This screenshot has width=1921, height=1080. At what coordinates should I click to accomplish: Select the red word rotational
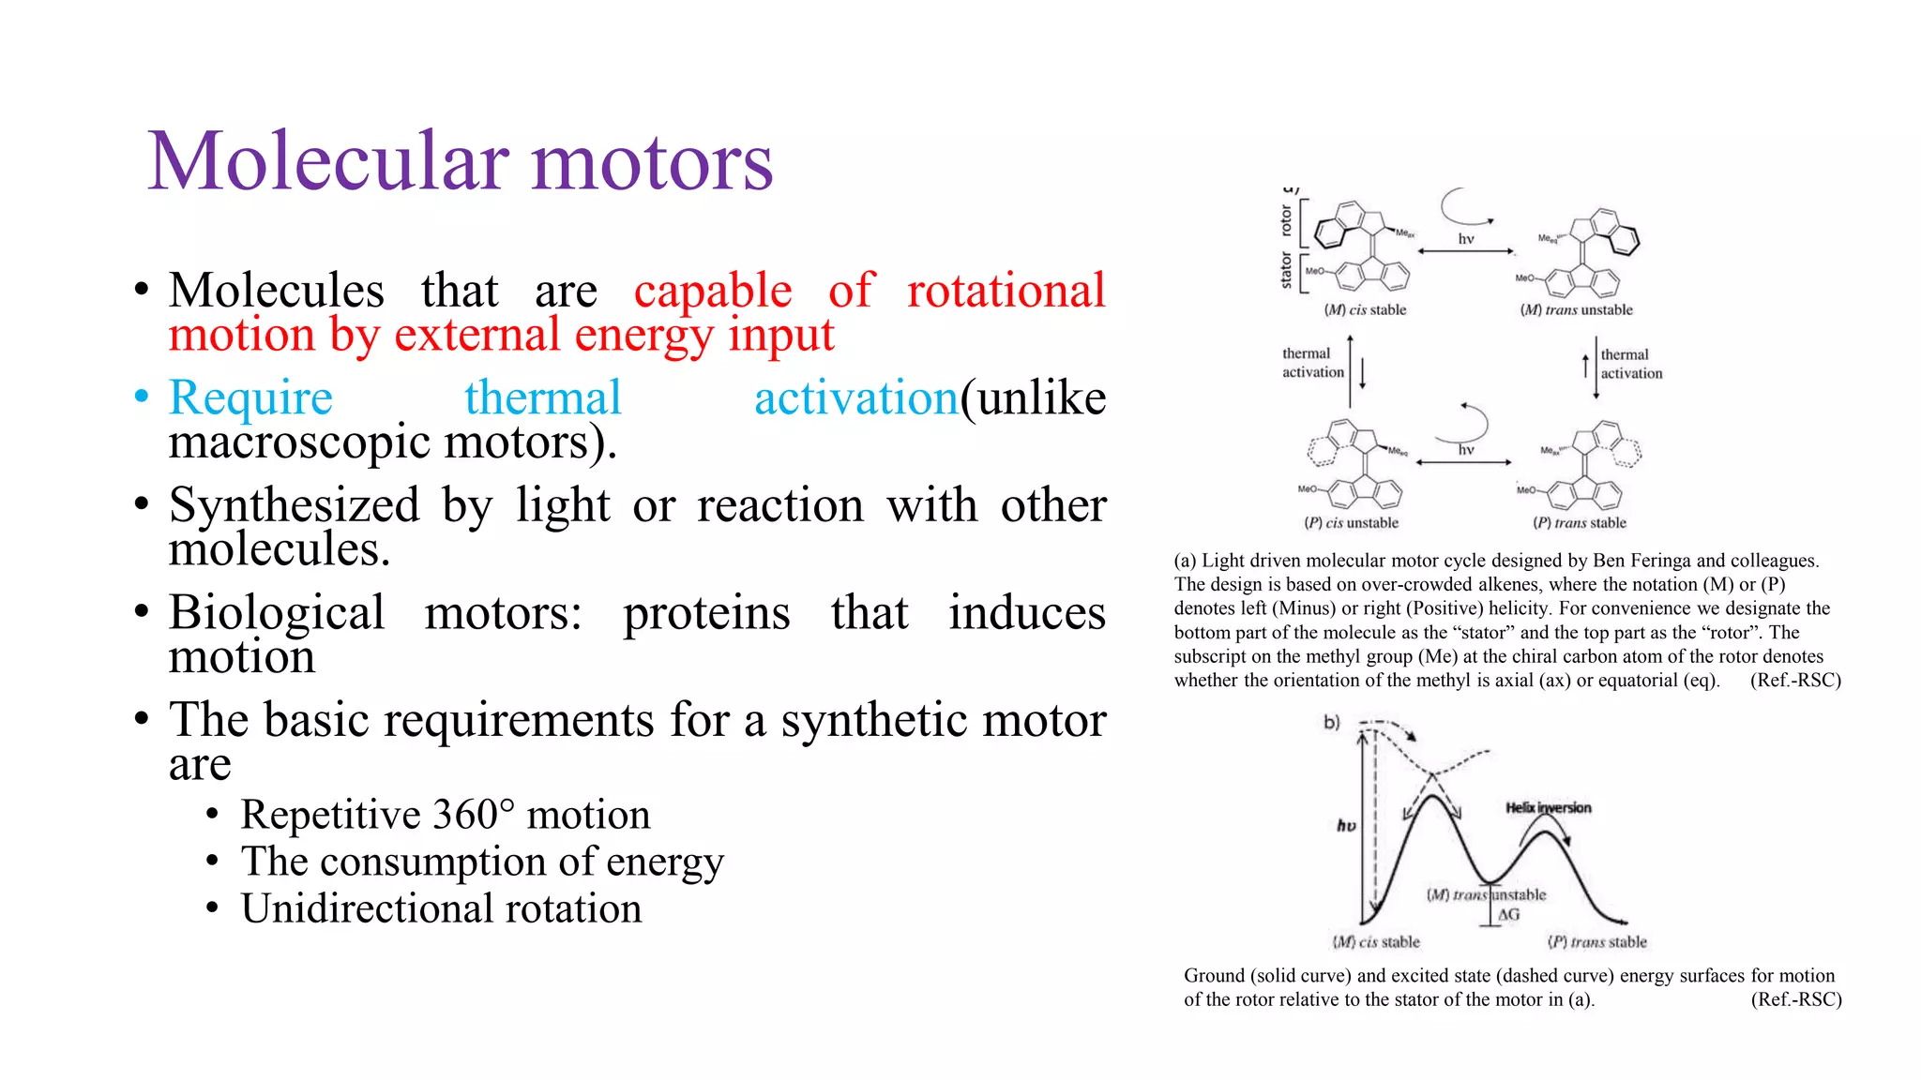tap(1006, 290)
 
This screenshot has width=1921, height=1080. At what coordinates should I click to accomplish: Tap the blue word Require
tap(250, 397)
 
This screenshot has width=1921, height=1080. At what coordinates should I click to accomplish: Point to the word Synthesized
tap(294, 505)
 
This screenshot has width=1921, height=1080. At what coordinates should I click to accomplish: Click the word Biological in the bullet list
tap(277, 613)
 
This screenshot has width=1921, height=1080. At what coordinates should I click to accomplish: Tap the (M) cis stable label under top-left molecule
tap(1365, 310)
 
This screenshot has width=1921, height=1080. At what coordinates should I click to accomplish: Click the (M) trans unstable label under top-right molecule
tap(1576, 310)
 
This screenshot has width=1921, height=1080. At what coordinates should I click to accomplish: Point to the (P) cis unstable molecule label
tap(1351, 523)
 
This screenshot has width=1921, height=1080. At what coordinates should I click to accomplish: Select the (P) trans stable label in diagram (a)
tap(1580, 523)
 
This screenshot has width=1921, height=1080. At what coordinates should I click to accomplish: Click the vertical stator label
tap(1286, 270)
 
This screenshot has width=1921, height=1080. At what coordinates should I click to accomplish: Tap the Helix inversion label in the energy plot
tap(1548, 808)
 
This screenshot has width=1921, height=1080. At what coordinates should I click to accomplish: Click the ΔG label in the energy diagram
tap(1508, 914)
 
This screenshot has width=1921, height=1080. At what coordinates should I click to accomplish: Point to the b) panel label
tap(1332, 722)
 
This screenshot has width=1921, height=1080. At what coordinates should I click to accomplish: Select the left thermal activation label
tap(1312, 363)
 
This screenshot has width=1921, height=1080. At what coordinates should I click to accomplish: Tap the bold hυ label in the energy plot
tap(1346, 826)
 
